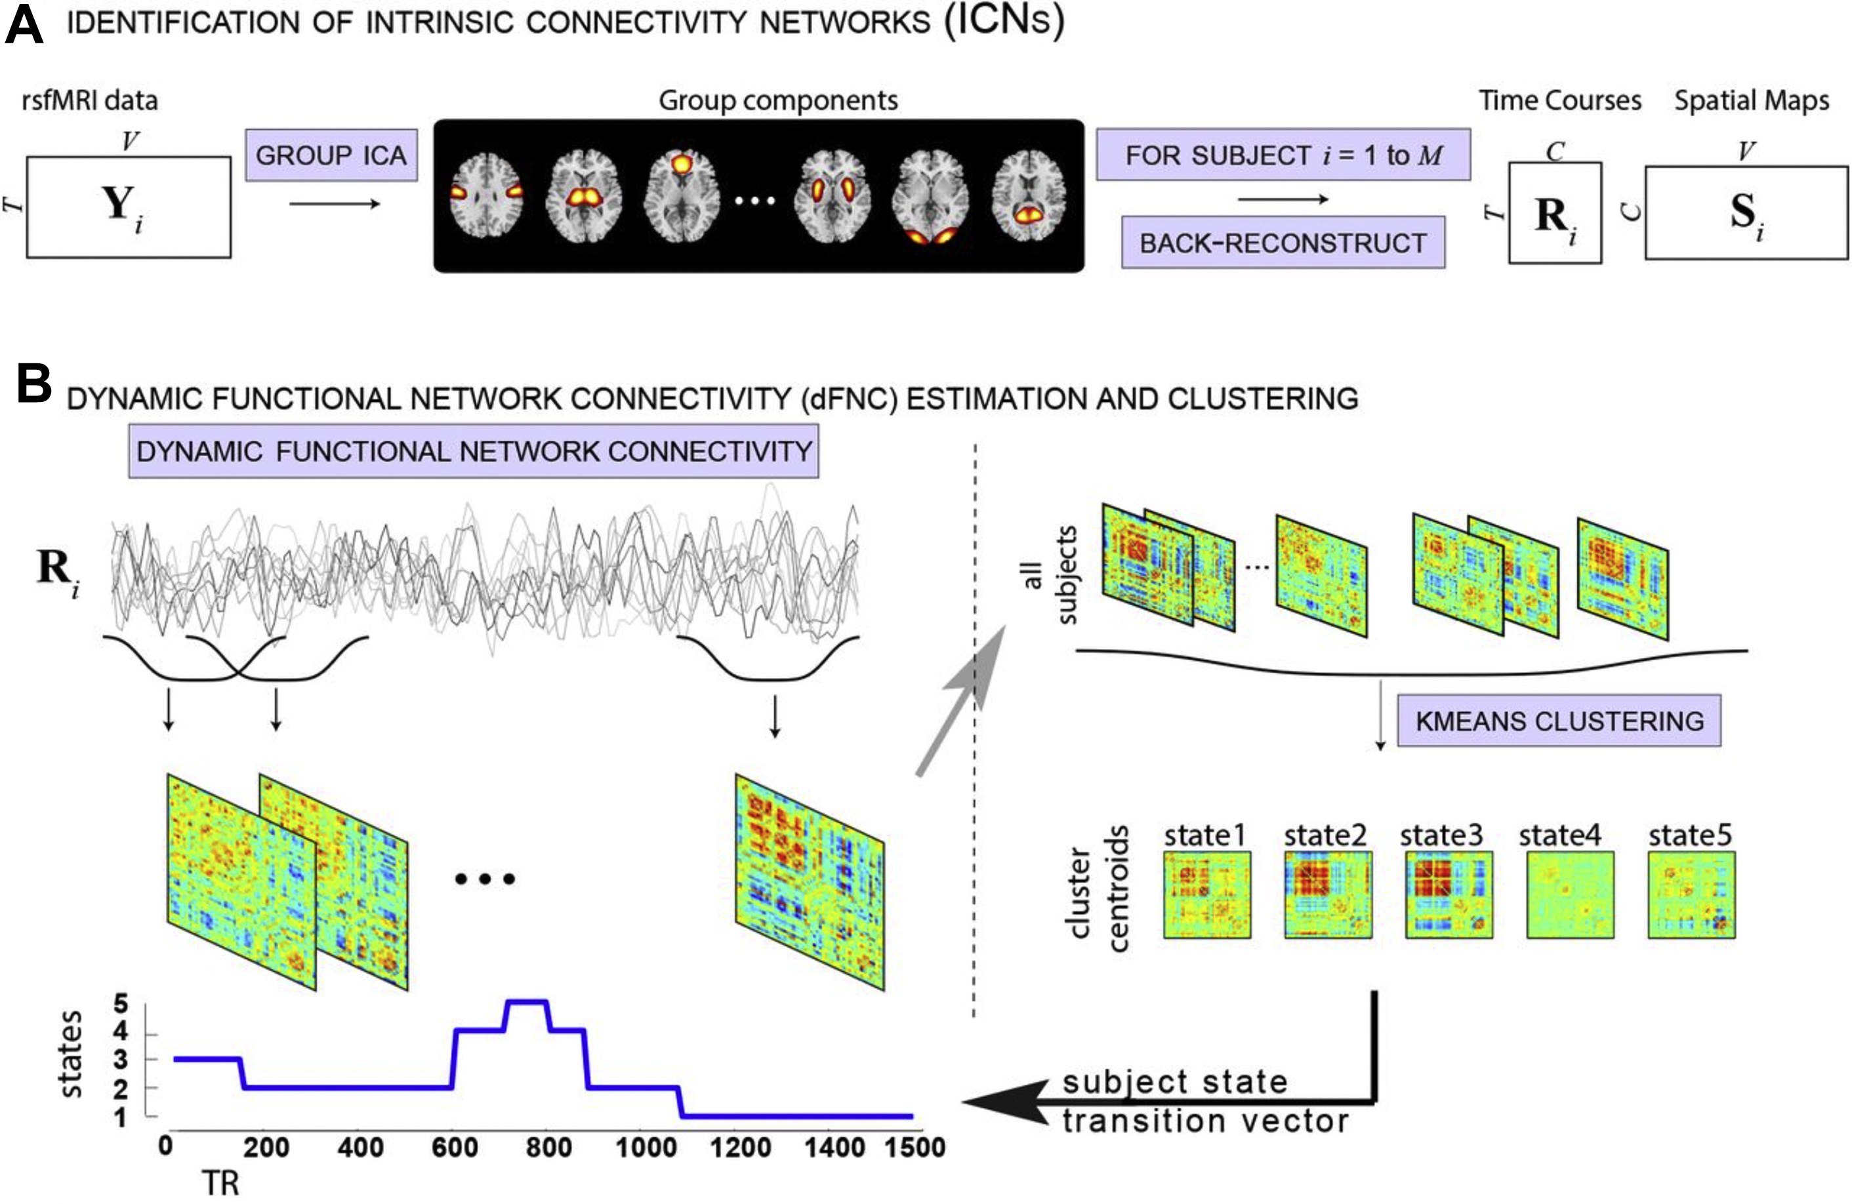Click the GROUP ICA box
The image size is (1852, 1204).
[x=331, y=155]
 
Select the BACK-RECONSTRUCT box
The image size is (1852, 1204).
[x=1283, y=243]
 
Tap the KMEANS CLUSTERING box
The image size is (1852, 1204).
[x=1559, y=720]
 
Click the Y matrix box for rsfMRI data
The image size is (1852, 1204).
[x=129, y=207]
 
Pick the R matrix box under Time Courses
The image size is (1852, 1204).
[x=1554, y=213]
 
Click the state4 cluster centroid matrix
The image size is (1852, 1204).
[x=1569, y=894]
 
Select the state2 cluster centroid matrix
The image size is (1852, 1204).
[x=1328, y=894]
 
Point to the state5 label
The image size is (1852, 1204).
[x=1689, y=835]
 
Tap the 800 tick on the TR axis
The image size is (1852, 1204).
[x=548, y=1146]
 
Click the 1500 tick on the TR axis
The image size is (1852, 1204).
[x=915, y=1146]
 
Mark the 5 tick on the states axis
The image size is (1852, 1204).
[x=121, y=1003]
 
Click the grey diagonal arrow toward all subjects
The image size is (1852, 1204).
[x=962, y=700]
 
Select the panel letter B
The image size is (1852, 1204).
[x=33, y=384]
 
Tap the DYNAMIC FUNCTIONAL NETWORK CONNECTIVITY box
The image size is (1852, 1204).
[x=473, y=451]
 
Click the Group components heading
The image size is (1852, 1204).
[x=777, y=100]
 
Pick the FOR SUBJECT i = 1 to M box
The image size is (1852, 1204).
[x=1283, y=155]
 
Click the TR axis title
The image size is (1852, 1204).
[x=220, y=1183]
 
